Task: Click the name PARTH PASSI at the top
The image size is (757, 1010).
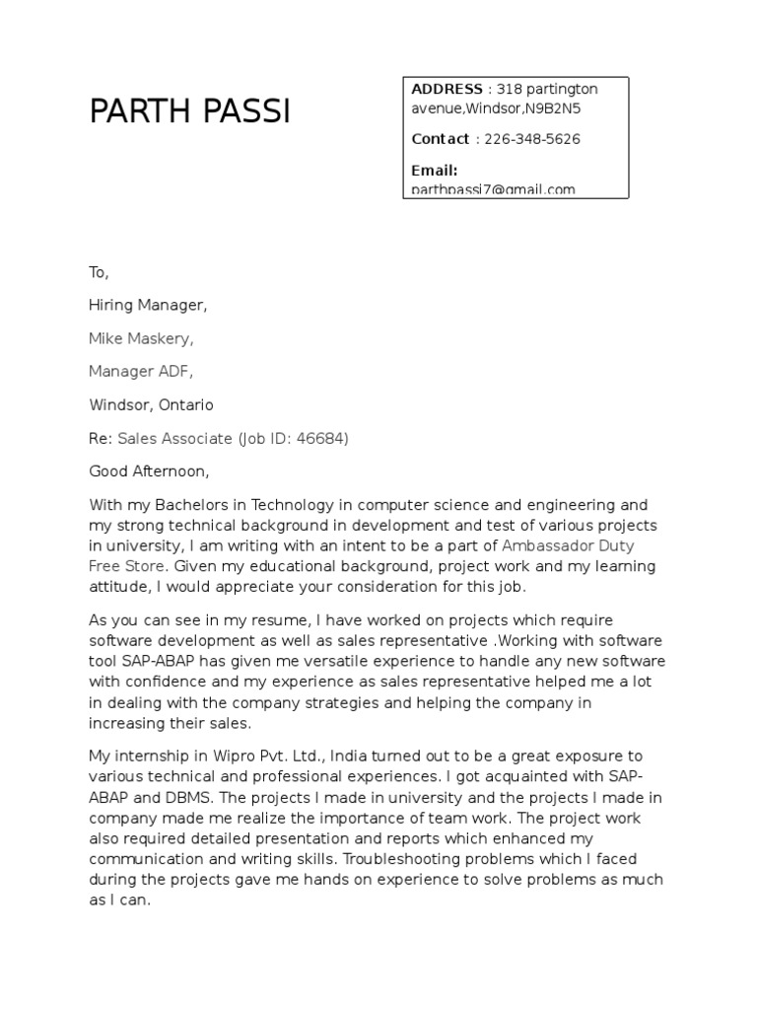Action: [x=189, y=112]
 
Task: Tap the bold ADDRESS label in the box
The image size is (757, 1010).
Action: [x=447, y=90]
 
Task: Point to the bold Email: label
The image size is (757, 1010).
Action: [x=435, y=171]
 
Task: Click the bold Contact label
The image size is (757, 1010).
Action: [x=441, y=139]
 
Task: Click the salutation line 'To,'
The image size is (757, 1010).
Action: [x=99, y=273]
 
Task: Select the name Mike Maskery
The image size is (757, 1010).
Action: [x=141, y=339]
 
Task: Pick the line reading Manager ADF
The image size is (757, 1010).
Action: [x=141, y=372]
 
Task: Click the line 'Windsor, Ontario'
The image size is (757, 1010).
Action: [x=151, y=405]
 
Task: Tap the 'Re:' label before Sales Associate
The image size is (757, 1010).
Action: [x=101, y=438]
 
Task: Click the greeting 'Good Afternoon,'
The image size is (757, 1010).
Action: [x=150, y=470]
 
